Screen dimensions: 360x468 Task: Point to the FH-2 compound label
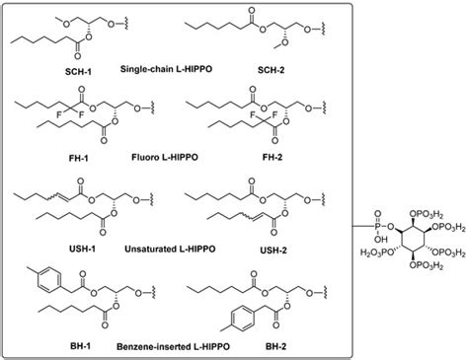coord(309,159)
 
